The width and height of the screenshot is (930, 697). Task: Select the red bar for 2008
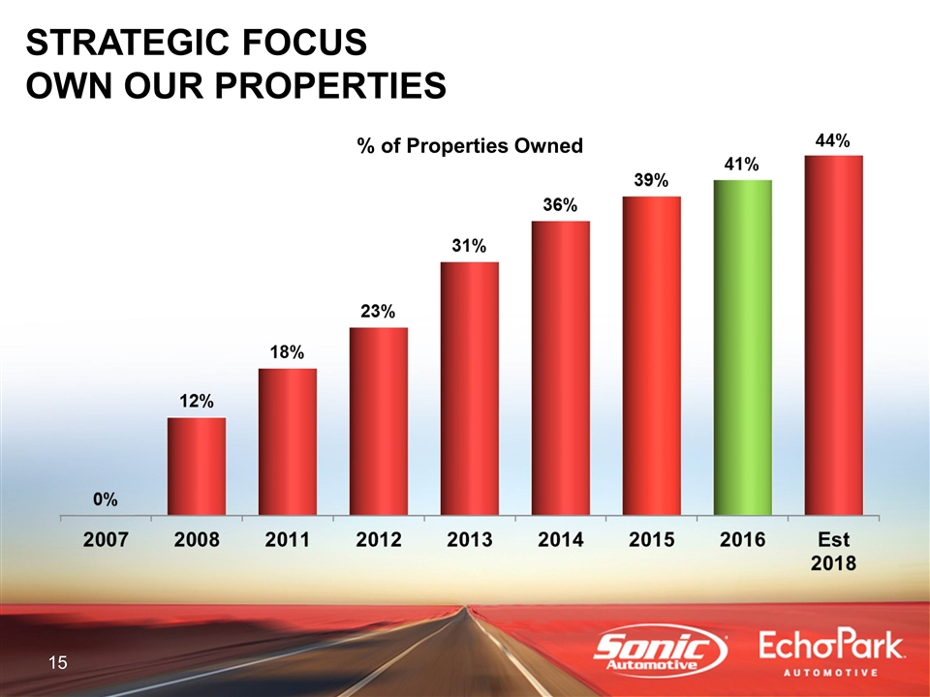(197, 466)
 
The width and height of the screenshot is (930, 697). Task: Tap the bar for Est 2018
(833, 334)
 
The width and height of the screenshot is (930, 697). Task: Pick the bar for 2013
(470, 387)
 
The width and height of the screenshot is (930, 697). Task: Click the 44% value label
(832, 141)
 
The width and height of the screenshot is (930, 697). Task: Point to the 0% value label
(106, 500)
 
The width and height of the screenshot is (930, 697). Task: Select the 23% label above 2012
(378, 312)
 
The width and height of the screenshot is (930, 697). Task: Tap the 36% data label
(560, 205)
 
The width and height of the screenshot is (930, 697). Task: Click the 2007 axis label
(106, 540)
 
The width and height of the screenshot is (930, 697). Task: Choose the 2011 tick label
(287, 540)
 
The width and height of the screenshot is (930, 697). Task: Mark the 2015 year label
(651, 540)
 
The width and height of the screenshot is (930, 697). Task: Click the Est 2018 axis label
(833, 551)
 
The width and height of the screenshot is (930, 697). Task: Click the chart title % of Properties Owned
(470, 146)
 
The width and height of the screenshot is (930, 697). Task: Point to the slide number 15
(58, 663)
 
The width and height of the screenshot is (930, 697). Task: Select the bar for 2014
(560, 367)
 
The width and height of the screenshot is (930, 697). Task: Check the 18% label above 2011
(288, 353)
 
